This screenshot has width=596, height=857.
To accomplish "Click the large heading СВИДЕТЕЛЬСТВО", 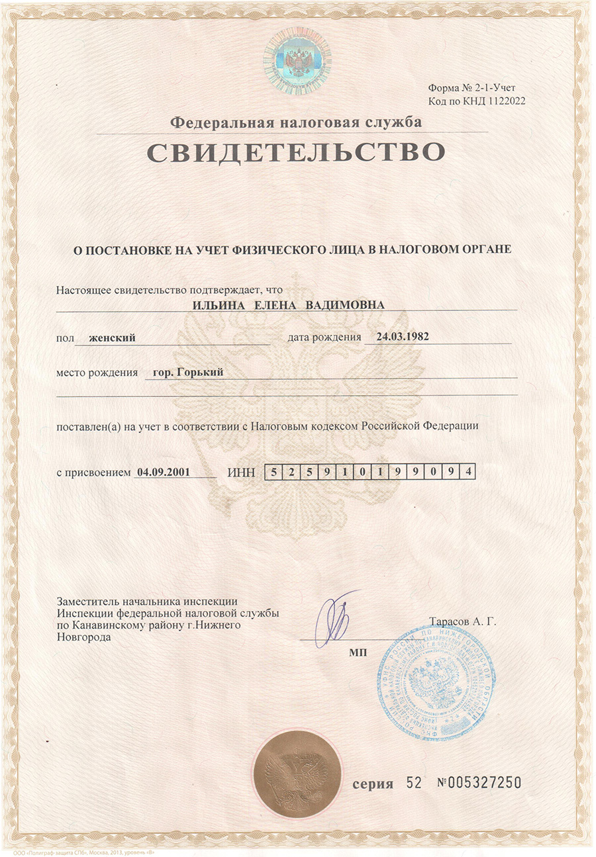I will (x=295, y=152).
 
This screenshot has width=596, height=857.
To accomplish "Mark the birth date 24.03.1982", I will (x=402, y=336).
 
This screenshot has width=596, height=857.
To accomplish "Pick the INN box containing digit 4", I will (x=468, y=472).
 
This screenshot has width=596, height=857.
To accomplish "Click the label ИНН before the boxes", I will (x=240, y=473).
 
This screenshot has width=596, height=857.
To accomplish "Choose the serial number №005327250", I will (x=480, y=783).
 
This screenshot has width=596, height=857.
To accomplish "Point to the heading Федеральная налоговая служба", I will (x=296, y=122).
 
